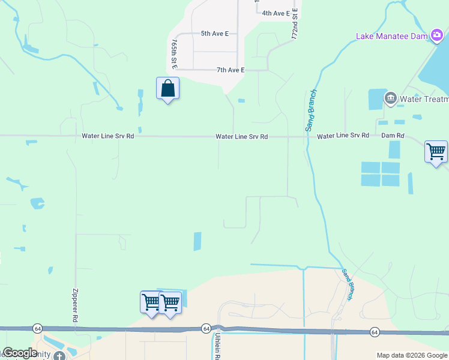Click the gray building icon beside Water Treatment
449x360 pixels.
pos(391,97)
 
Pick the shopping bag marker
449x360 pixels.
pos(168,89)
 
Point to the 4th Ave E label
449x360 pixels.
pos(276,13)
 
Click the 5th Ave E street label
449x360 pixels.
pos(215,34)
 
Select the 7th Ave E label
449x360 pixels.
pos(231,70)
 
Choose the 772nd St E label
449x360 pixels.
pos(295,24)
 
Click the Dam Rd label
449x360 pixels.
pos(393,136)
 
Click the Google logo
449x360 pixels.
pos(20,353)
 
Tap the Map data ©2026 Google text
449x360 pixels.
pos(412,355)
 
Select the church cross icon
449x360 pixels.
pos(58,356)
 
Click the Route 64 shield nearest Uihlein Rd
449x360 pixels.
pos(206,328)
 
